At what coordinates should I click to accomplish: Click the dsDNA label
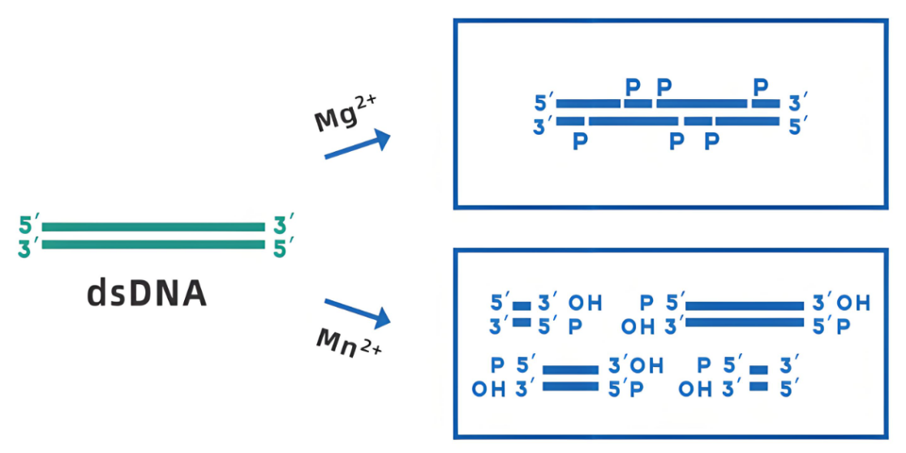(147, 293)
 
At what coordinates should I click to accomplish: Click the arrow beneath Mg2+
(357, 145)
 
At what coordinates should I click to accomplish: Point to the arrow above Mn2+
(357, 313)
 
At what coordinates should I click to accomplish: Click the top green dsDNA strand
(153, 227)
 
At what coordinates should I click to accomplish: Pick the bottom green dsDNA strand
(153, 244)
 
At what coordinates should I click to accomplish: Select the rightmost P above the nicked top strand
(761, 85)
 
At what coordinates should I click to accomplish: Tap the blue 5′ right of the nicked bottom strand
(797, 125)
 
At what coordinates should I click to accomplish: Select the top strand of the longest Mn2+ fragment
(745, 306)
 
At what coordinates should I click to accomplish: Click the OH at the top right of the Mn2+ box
(853, 304)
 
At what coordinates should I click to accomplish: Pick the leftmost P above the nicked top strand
(633, 85)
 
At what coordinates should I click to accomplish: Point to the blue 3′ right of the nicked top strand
(798, 104)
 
